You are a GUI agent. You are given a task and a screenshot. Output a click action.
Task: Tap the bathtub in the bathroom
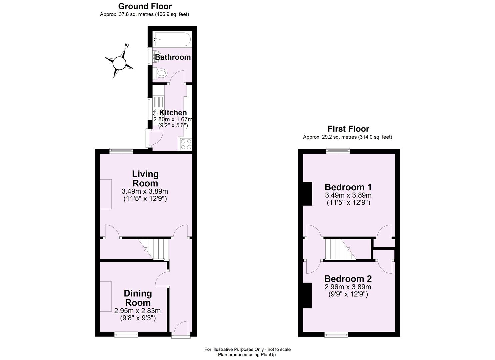(x=172, y=39)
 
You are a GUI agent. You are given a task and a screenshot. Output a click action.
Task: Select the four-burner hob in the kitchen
(x=186, y=144)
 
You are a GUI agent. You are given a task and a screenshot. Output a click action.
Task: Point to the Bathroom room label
(x=173, y=57)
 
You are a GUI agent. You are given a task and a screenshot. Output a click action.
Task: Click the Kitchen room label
(x=173, y=113)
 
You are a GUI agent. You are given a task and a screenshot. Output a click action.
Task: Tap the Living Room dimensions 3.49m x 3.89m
(x=145, y=191)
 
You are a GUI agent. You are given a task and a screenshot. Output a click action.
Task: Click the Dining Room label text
(x=138, y=298)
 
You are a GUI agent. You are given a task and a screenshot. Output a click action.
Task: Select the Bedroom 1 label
(x=348, y=187)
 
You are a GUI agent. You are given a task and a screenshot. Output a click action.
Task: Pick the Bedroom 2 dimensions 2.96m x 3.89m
(x=348, y=287)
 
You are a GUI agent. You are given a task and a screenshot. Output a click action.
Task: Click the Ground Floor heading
(x=145, y=6)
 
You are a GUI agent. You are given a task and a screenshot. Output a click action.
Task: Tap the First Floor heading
(x=348, y=129)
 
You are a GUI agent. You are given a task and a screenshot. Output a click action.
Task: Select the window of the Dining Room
(x=126, y=334)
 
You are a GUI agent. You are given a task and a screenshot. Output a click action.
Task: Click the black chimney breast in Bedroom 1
(x=307, y=193)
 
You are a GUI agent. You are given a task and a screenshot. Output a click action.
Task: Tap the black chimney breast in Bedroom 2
(x=307, y=295)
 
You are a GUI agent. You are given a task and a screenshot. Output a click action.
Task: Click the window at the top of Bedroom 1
(x=338, y=151)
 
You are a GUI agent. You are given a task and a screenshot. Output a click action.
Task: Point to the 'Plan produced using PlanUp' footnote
(x=247, y=355)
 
